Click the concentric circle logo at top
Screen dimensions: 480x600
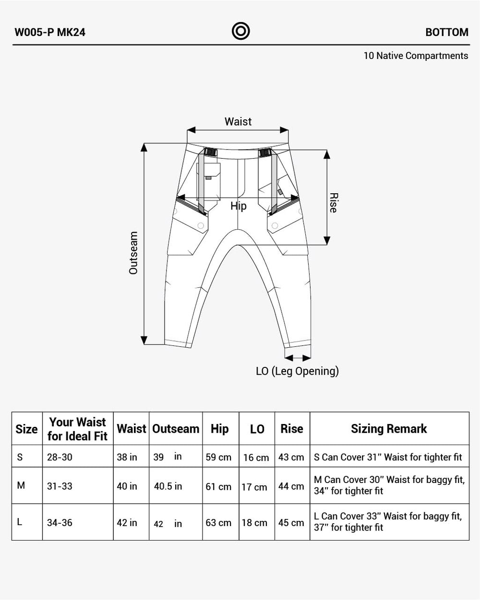(240, 31)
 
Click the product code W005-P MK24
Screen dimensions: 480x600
(50, 32)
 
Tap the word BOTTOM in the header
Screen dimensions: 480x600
(447, 32)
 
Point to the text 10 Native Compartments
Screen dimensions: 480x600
(416, 56)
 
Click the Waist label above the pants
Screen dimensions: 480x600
(238, 121)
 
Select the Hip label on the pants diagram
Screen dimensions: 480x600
(239, 206)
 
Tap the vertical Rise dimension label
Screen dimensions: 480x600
(334, 203)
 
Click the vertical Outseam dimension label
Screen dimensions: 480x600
(133, 253)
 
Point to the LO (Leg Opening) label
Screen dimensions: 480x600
(297, 371)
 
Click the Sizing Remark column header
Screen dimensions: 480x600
(389, 429)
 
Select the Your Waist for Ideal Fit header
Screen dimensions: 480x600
(78, 429)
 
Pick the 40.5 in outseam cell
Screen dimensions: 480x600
(168, 486)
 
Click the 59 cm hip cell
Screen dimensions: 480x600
(218, 457)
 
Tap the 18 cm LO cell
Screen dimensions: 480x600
(254, 522)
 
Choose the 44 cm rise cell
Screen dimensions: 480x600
(291, 486)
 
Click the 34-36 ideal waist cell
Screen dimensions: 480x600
(60, 522)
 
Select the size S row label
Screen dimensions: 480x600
(20, 457)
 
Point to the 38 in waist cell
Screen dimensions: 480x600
(127, 457)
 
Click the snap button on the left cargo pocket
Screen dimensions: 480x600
(201, 225)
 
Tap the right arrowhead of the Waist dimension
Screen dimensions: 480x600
(284, 130)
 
